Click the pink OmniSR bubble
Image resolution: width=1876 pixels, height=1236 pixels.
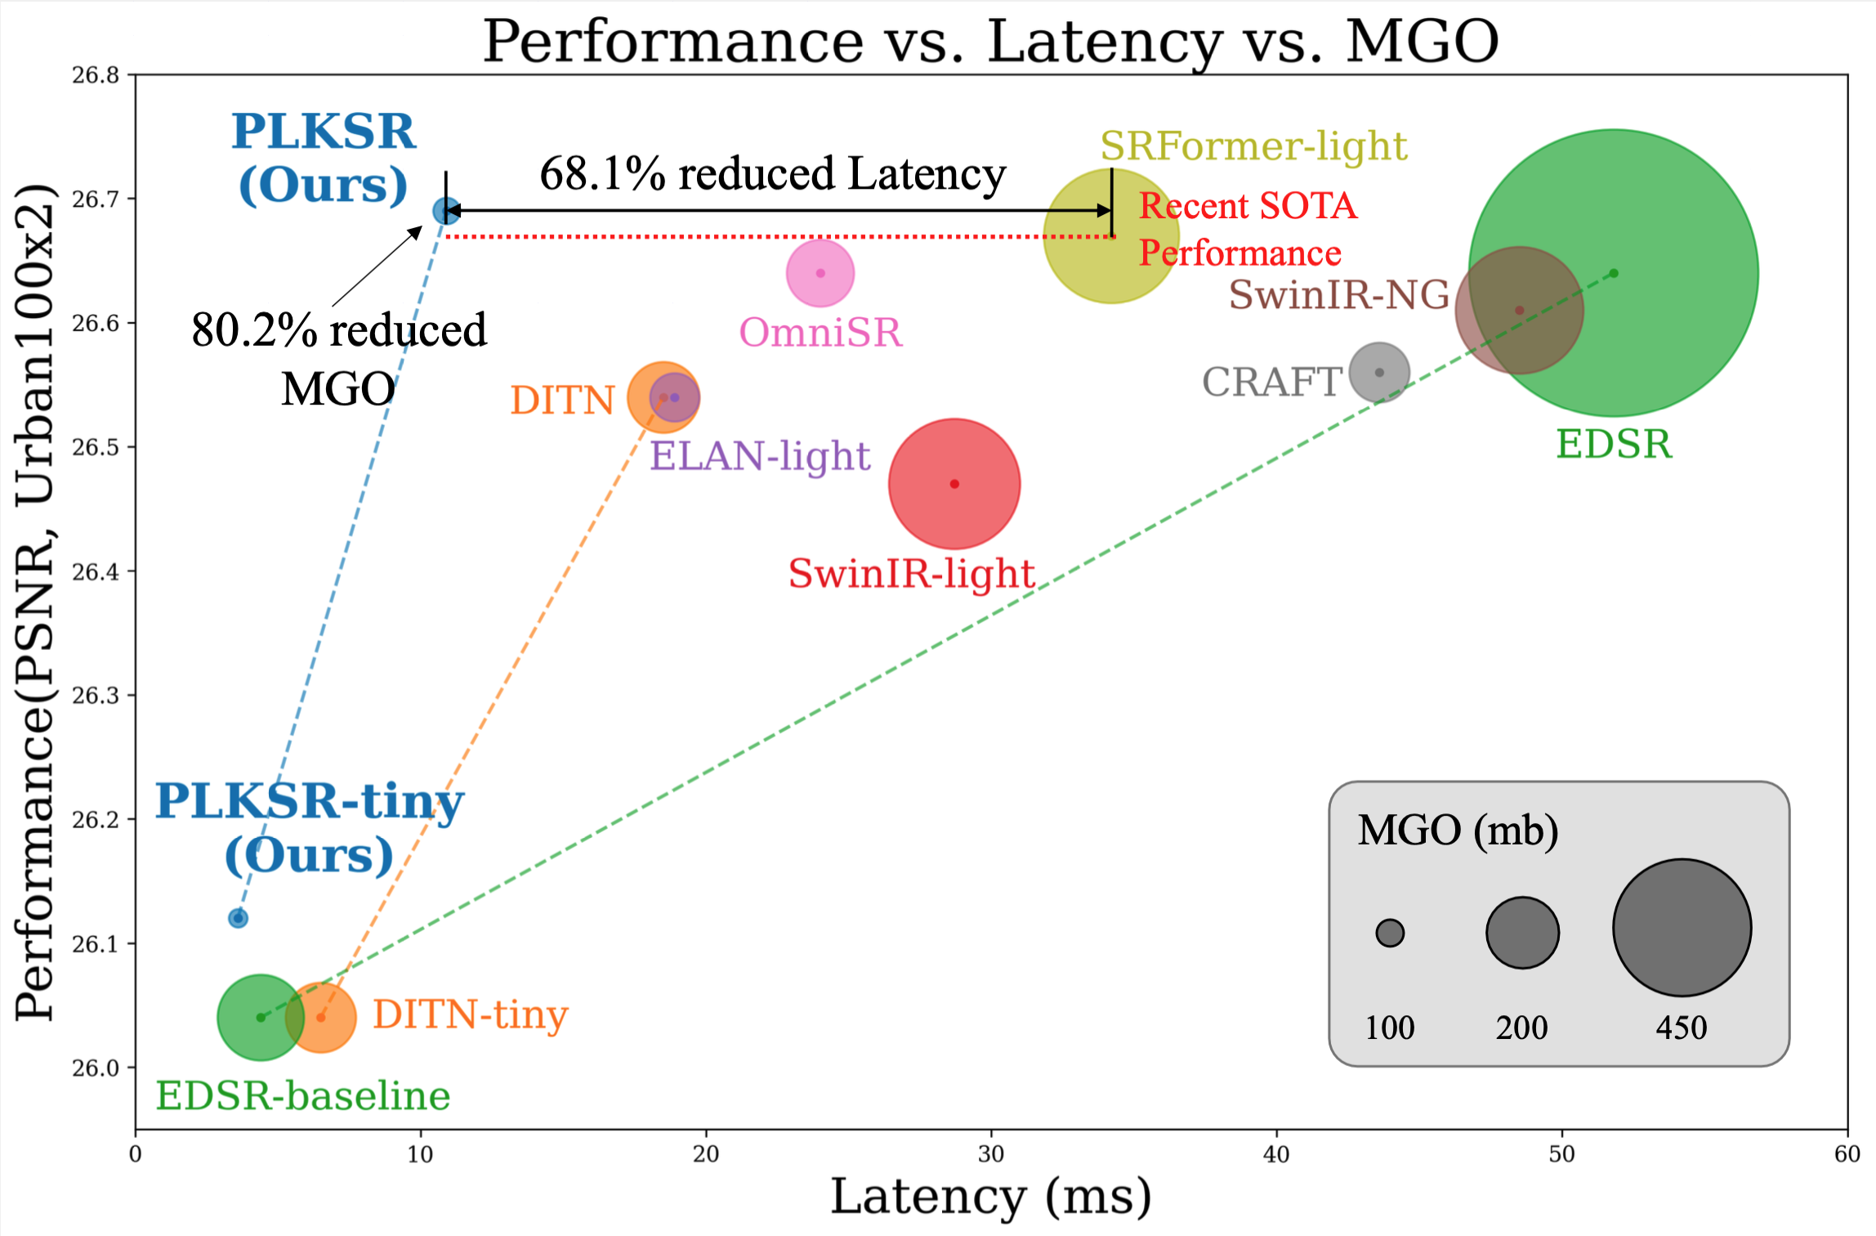click(820, 273)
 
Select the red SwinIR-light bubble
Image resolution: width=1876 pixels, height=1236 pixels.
click(954, 484)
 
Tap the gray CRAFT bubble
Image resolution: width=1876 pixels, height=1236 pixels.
click(1379, 373)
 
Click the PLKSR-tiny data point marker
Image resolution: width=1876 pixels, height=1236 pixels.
click(238, 918)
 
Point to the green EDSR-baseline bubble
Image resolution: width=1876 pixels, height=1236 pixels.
click(261, 1018)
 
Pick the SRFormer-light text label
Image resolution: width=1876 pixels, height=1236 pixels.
click(1253, 146)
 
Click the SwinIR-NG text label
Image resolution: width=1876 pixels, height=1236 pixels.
click(1339, 294)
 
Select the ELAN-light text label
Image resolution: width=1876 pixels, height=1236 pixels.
click(760, 456)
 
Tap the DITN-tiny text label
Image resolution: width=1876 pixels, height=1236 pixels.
click(470, 1014)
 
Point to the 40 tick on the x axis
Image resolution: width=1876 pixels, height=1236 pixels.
click(1276, 1153)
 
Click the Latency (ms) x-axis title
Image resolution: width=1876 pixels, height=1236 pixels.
click(991, 1197)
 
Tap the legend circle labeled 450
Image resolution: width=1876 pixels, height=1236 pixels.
click(1682, 927)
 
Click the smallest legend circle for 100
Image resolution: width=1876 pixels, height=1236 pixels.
click(1390, 932)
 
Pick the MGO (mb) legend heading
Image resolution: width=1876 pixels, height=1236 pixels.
click(1458, 831)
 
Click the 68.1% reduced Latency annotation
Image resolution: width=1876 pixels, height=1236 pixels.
click(772, 173)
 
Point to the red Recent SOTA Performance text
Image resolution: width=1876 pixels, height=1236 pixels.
click(1248, 230)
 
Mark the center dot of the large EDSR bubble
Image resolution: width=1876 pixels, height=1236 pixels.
click(1614, 273)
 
